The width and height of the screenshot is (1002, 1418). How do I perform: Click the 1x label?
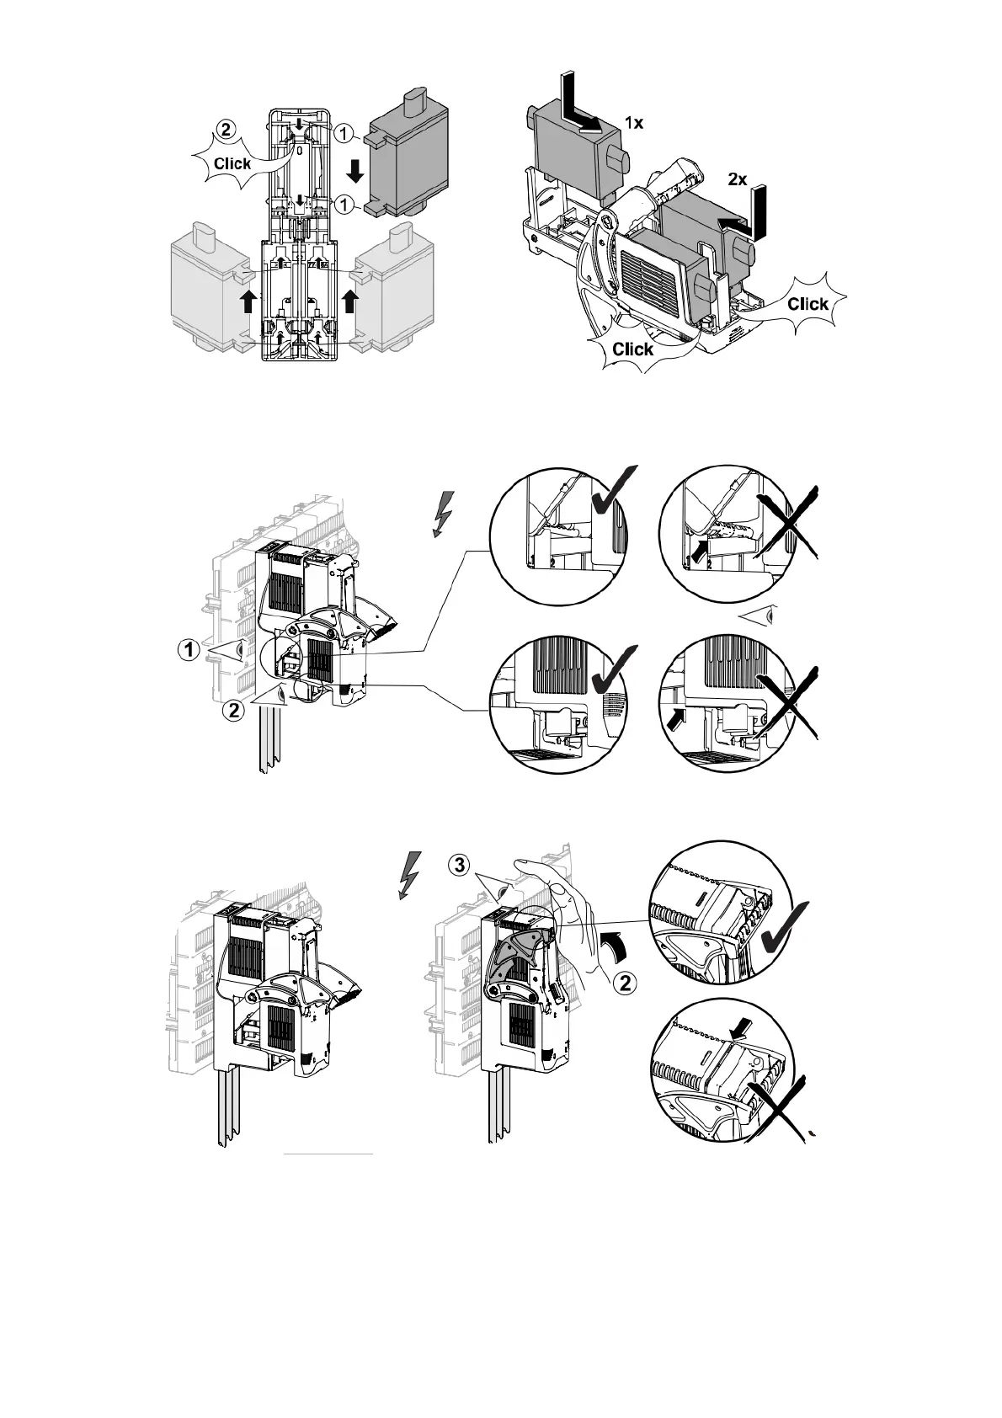click(633, 123)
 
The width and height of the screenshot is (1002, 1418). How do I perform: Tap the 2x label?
click(737, 179)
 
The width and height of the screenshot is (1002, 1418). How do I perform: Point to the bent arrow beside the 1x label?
click(581, 109)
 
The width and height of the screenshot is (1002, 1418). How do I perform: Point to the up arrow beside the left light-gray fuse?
click(248, 301)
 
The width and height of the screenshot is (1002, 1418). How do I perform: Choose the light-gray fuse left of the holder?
click(206, 291)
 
